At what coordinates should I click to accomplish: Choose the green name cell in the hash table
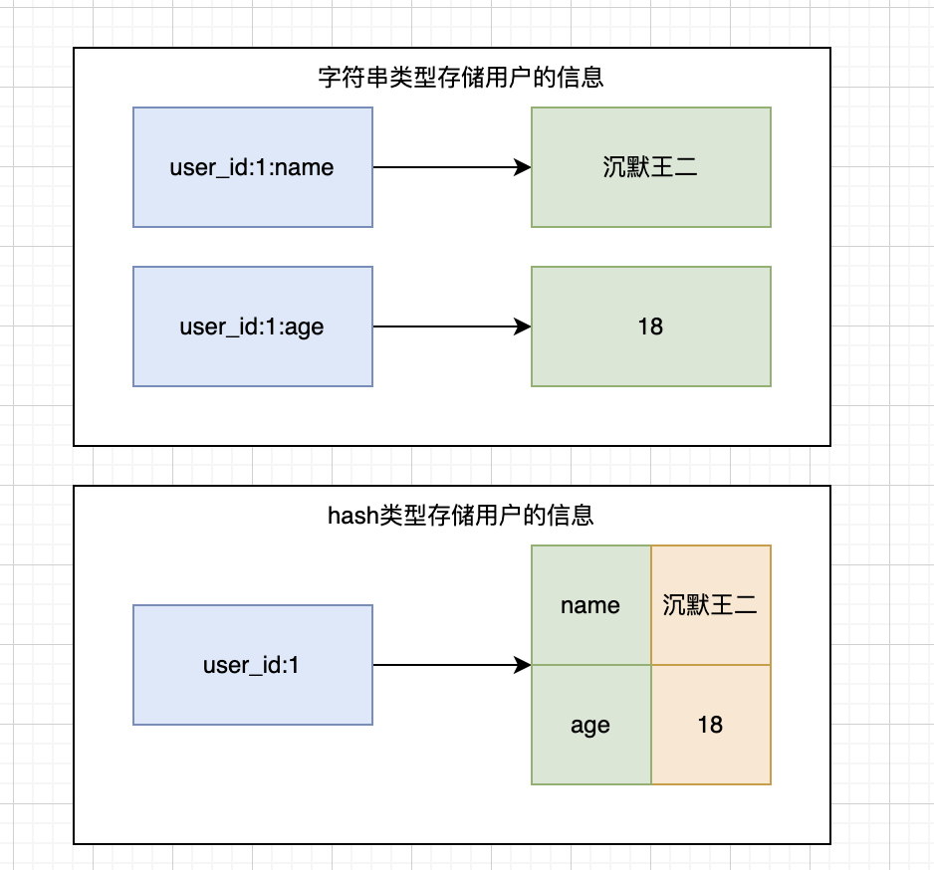tap(590, 605)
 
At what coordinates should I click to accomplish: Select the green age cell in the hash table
tap(590, 725)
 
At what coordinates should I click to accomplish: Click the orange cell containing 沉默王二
tap(710, 605)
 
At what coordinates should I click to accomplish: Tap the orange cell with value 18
tap(710, 725)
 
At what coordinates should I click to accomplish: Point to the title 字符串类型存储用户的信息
tap(460, 77)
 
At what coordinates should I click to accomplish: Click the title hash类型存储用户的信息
tap(460, 515)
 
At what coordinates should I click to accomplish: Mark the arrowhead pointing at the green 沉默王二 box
tap(523, 167)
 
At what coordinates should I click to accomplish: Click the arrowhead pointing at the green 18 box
tap(523, 326)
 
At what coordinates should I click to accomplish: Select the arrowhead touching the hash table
tap(523, 665)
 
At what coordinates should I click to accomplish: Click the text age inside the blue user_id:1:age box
tap(305, 326)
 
